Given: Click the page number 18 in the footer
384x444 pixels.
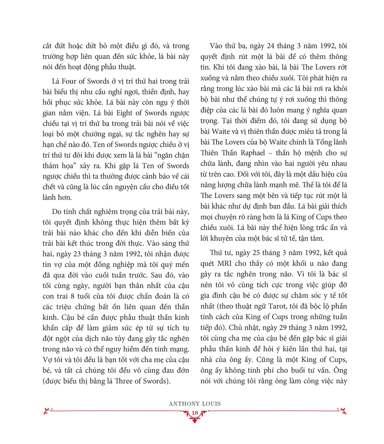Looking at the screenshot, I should click(x=195, y=413).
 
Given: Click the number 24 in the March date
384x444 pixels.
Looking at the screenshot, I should click(x=272, y=46).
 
